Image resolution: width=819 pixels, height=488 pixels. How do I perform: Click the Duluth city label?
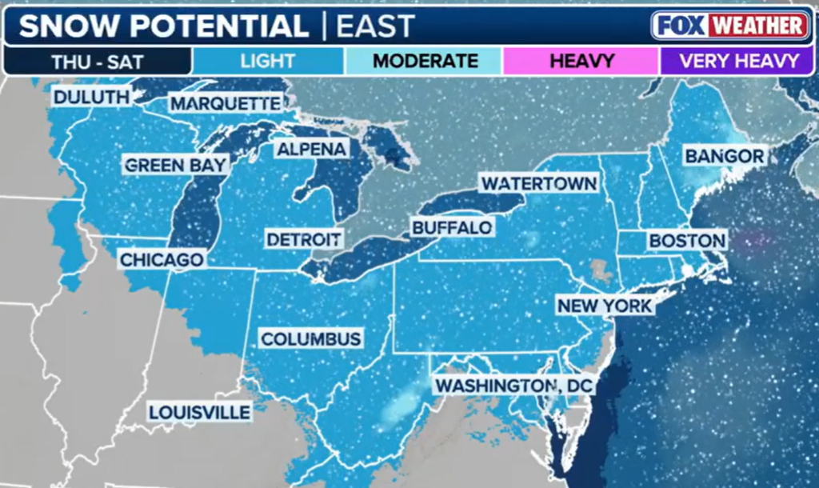91,98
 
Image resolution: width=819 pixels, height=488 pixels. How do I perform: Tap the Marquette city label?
226,104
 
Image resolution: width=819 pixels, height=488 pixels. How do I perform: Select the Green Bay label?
177,165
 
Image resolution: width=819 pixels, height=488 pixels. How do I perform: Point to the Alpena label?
311,149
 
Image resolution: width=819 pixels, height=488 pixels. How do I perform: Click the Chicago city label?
162,259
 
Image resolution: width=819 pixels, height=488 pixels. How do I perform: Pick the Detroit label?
304,239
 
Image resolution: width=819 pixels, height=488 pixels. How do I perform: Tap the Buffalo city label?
452,228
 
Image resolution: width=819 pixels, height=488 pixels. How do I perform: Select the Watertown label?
538,183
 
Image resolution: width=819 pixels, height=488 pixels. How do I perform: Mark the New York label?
605,306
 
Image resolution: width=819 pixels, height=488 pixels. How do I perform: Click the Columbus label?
311,339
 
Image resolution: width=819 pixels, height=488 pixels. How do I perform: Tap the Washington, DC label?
512,386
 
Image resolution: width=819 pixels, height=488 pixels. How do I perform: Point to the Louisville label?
199,413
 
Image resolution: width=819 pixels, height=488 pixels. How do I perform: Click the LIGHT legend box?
267,61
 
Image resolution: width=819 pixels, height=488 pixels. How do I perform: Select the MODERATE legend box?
425,61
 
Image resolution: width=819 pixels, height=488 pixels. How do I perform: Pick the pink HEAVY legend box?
581,61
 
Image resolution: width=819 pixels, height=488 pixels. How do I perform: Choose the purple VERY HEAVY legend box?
738,61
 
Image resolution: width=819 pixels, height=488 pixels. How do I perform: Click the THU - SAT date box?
98,61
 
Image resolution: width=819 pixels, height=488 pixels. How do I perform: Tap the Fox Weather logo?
729,26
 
